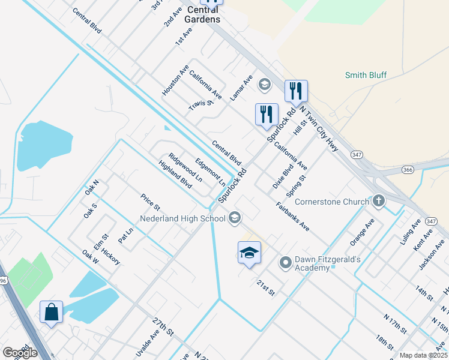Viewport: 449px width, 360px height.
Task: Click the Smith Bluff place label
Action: point(366,75)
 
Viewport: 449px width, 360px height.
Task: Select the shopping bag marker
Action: point(51,313)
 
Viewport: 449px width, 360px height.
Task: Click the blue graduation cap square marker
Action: point(249,253)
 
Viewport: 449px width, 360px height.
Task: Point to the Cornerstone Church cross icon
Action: point(378,201)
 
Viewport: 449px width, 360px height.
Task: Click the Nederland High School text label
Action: point(183,218)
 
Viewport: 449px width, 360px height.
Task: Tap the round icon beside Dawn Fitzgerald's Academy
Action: point(286,262)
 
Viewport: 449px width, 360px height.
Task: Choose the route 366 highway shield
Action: point(408,170)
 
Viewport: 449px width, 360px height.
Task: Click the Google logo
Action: point(20,353)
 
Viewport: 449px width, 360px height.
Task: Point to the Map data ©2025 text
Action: point(423,355)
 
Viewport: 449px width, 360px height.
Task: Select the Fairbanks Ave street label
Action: point(293,217)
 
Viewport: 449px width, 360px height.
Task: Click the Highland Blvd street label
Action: point(175,175)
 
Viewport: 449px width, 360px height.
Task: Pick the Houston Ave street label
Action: point(175,80)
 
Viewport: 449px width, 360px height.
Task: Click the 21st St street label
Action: point(265,287)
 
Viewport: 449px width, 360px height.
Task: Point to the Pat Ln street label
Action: point(125,235)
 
